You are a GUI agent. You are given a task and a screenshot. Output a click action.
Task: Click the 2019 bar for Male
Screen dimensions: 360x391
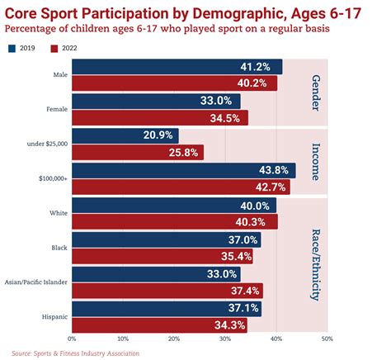coord(177,67)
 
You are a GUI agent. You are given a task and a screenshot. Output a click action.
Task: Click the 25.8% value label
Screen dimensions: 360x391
coord(184,153)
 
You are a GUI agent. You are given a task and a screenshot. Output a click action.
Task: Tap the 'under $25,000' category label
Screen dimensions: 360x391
coord(48,144)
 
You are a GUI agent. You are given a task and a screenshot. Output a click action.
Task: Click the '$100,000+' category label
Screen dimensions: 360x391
coord(52,178)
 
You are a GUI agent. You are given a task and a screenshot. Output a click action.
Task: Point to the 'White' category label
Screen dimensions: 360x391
coord(58,213)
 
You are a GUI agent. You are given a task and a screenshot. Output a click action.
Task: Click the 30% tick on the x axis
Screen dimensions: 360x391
coord(224,339)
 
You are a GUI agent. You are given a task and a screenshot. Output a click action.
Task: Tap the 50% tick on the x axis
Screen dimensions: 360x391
coord(327,339)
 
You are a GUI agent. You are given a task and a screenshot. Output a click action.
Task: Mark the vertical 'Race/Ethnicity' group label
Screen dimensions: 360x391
coord(315,264)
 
